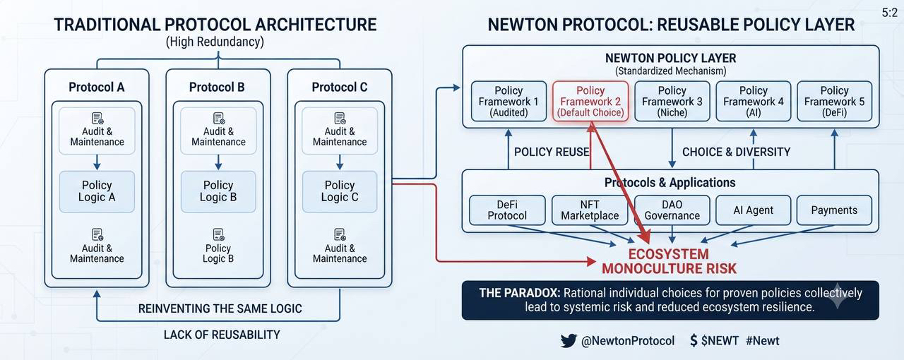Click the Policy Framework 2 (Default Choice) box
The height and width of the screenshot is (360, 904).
click(590, 102)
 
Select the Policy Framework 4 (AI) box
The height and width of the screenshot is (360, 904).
click(754, 102)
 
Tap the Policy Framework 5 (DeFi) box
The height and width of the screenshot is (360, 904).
click(835, 102)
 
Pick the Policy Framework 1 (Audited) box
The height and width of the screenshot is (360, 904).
click(509, 102)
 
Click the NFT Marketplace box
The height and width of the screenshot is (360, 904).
click(590, 210)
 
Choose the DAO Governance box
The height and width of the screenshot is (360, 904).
click(672, 210)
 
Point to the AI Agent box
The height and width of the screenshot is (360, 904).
click(754, 210)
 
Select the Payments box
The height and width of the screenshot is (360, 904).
click(834, 210)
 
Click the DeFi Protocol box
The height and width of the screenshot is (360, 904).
click(507, 210)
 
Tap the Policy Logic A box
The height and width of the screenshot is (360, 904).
click(97, 191)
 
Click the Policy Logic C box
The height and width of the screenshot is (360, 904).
click(340, 191)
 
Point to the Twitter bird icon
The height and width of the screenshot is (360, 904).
click(569, 341)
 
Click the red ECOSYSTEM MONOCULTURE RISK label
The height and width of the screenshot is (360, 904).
click(669, 261)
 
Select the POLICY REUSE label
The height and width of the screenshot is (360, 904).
click(552, 152)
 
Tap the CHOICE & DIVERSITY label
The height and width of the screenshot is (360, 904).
click(736, 152)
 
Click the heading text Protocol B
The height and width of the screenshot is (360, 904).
click(217, 87)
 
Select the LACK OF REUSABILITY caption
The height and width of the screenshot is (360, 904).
click(222, 335)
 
